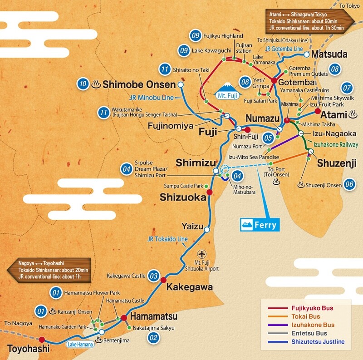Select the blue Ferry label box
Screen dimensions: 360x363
pos(260,225)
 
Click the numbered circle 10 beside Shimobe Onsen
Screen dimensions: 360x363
pos(83,84)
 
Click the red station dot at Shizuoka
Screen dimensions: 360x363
pos(209,192)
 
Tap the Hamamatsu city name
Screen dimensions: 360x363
pos(154,316)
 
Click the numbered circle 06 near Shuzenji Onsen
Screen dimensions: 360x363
pos(349,184)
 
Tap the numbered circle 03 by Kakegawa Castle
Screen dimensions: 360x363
pos(154,276)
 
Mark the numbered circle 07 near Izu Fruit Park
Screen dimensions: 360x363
pos(347,87)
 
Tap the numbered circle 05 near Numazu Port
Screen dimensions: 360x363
pos(268,138)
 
